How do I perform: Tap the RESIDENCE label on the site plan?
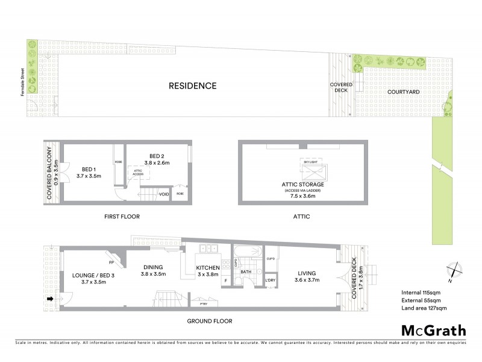192,86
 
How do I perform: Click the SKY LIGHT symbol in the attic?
313,166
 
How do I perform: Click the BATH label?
246,272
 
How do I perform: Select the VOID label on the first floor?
163,194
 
